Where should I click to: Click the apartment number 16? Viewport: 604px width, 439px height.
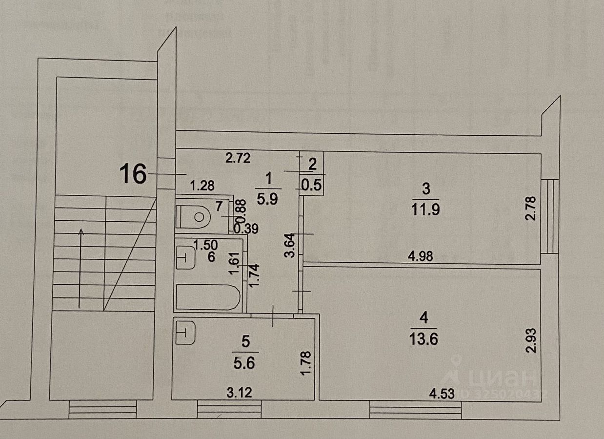coord(133,174)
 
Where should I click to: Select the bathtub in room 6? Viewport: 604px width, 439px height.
coord(207,297)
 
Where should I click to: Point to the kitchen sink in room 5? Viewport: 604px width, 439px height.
coord(185,333)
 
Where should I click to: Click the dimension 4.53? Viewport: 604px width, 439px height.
coord(442,393)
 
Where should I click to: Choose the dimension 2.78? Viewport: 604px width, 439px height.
coord(531,209)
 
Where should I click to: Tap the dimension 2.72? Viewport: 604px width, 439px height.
coord(238,158)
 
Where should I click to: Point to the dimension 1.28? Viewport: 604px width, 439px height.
coord(202,186)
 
